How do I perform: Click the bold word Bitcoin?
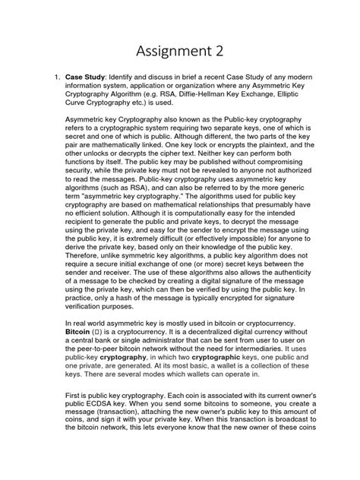point(81,352)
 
